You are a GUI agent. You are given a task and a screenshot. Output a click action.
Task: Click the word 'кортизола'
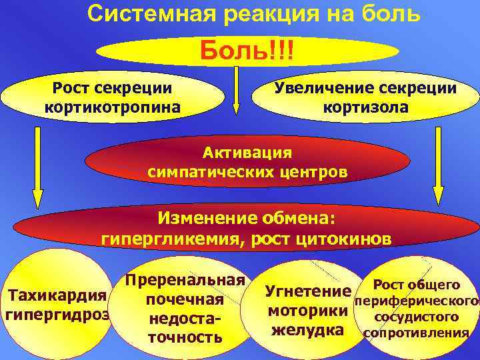coord(366,107)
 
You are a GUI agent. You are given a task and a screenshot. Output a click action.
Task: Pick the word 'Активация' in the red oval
coord(247,152)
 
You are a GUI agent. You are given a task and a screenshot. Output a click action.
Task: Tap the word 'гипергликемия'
coord(171,239)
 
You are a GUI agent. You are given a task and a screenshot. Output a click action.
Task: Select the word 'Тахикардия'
coord(56,295)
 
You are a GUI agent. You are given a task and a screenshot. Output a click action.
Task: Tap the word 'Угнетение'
coord(307,291)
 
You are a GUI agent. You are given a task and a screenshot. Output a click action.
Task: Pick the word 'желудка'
coord(307,331)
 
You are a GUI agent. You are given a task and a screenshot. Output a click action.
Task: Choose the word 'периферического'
coord(416,301)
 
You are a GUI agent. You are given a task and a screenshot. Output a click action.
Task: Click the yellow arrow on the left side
coord(38,167)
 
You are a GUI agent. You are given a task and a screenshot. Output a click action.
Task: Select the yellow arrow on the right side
coord(438,167)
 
